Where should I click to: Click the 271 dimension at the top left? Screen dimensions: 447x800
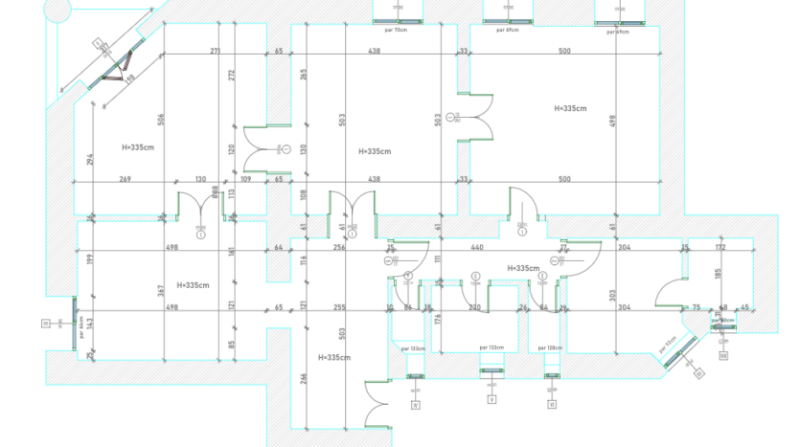215,51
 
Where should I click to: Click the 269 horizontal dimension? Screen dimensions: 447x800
125,179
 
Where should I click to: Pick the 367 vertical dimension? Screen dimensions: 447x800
161,290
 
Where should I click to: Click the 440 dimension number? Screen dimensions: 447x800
476,247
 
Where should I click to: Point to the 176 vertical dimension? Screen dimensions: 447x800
438,319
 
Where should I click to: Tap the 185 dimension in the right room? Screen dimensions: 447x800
717,273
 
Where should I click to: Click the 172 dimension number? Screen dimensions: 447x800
720,247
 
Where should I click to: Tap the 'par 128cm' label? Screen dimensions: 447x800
549,347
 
